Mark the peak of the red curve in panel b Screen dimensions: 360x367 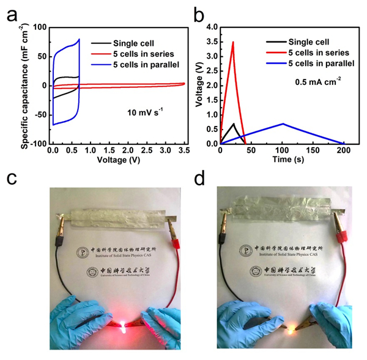[x=233, y=42]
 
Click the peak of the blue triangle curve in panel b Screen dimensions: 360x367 [x=283, y=123]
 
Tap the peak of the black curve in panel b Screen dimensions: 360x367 [x=232, y=124]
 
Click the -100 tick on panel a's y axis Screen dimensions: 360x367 [x=40, y=144]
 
